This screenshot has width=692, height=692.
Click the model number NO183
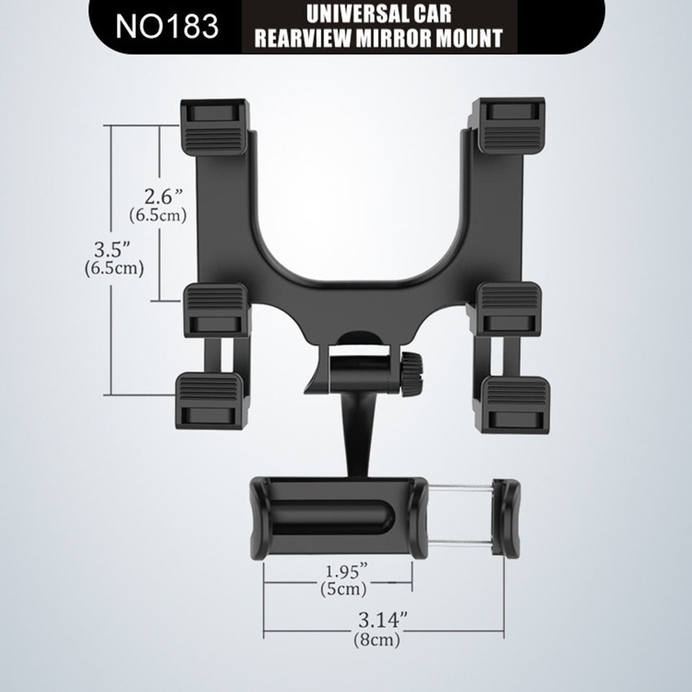pos(167,26)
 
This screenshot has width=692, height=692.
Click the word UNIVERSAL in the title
pos(343,14)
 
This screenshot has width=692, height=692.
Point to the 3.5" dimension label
pos(112,249)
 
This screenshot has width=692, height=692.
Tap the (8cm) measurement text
pos(376,639)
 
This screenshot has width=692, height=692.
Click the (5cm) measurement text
pos(343,589)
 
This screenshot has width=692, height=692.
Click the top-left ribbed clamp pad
pos(215,126)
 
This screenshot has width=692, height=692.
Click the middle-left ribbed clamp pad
pos(215,308)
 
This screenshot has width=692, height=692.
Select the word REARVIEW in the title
pos(300,37)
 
